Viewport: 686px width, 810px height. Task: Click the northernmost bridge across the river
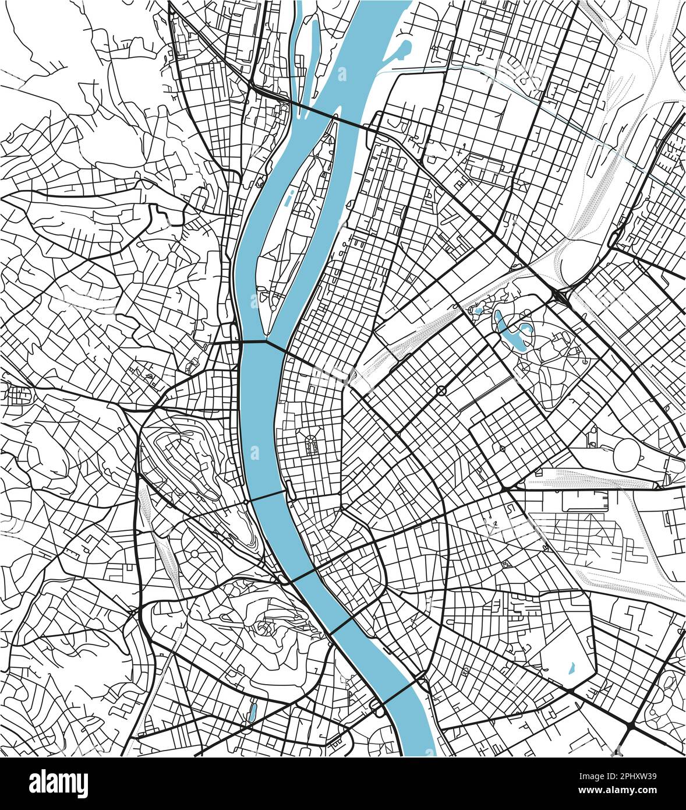(x=315, y=111)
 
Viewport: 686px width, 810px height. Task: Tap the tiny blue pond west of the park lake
(x=479, y=311)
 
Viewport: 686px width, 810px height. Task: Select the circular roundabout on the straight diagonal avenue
(x=441, y=390)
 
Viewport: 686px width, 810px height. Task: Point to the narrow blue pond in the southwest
(x=253, y=711)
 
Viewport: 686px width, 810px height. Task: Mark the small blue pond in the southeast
(x=571, y=665)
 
